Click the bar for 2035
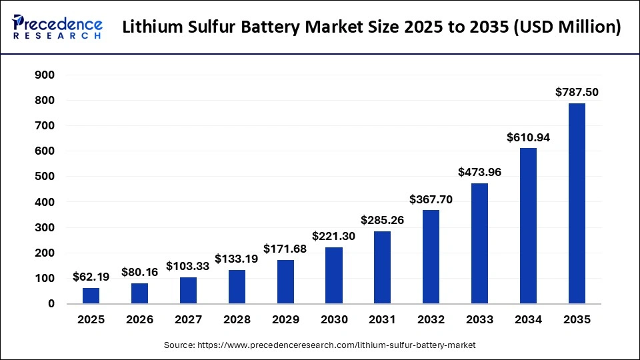pyautogui.click(x=577, y=203)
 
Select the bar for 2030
pyautogui.click(x=334, y=275)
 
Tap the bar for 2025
pyautogui.click(x=91, y=295)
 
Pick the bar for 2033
pyautogui.click(x=479, y=243)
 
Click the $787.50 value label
pyautogui.click(x=577, y=92)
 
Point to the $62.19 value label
pyautogui.click(x=91, y=276)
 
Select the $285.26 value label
pyautogui.click(x=383, y=219)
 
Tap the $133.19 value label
pyautogui.click(x=237, y=258)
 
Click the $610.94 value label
pyautogui.click(x=528, y=137)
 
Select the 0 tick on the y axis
pyautogui.click(x=51, y=304)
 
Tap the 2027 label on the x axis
pyautogui.click(x=188, y=320)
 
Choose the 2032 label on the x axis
pyautogui.click(x=431, y=320)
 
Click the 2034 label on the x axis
pyautogui.click(x=528, y=320)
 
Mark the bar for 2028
pyautogui.click(x=237, y=287)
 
